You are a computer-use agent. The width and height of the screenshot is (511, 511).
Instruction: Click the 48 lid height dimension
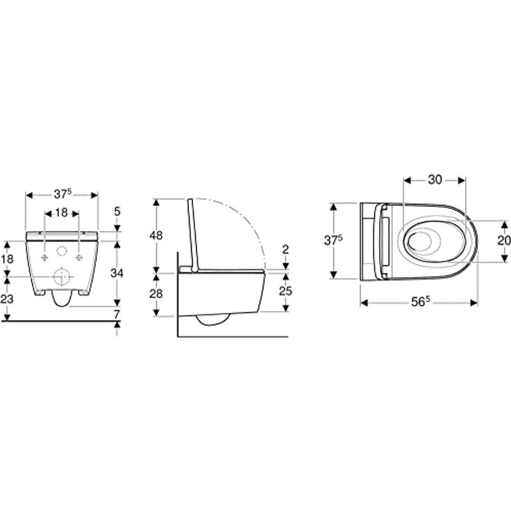click(x=156, y=235)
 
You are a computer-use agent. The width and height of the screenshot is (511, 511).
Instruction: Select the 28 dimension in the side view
click(x=156, y=294)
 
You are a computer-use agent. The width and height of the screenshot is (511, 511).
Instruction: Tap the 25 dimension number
click(x=285, y=291)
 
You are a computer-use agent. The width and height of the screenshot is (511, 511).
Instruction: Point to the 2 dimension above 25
click(x=285, y=250)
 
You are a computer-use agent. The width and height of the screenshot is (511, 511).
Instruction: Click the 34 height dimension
click(x=117, y=273)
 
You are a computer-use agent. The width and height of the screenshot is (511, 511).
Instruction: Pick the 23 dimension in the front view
click(x=7, y=299)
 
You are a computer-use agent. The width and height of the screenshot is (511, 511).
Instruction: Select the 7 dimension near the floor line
click(x=117, y=315)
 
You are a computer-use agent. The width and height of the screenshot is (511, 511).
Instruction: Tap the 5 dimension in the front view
click(x=117, y=212)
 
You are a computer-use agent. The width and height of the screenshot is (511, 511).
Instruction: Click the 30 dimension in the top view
click(x=435, y=180)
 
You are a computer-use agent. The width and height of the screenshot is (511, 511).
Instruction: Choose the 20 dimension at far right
click(x=504, y=240)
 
